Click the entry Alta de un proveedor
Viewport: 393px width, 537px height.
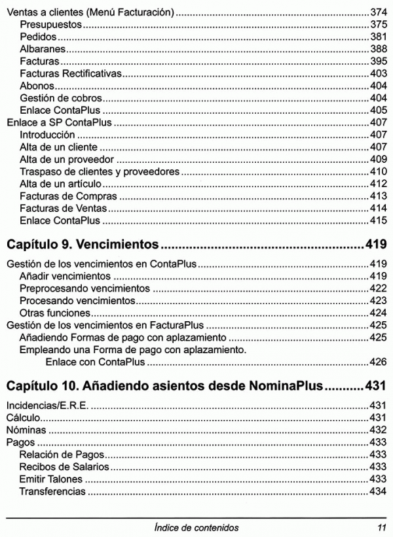tap(67, 159)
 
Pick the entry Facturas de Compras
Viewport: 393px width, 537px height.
tap(68, 196)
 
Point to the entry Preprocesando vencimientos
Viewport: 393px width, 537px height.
tap(85, 288)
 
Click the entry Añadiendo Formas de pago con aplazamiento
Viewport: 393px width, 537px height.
tap(123, 337)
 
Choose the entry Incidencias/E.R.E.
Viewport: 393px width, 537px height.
tap(47, 406)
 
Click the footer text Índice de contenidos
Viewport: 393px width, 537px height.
tap(196, 527)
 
